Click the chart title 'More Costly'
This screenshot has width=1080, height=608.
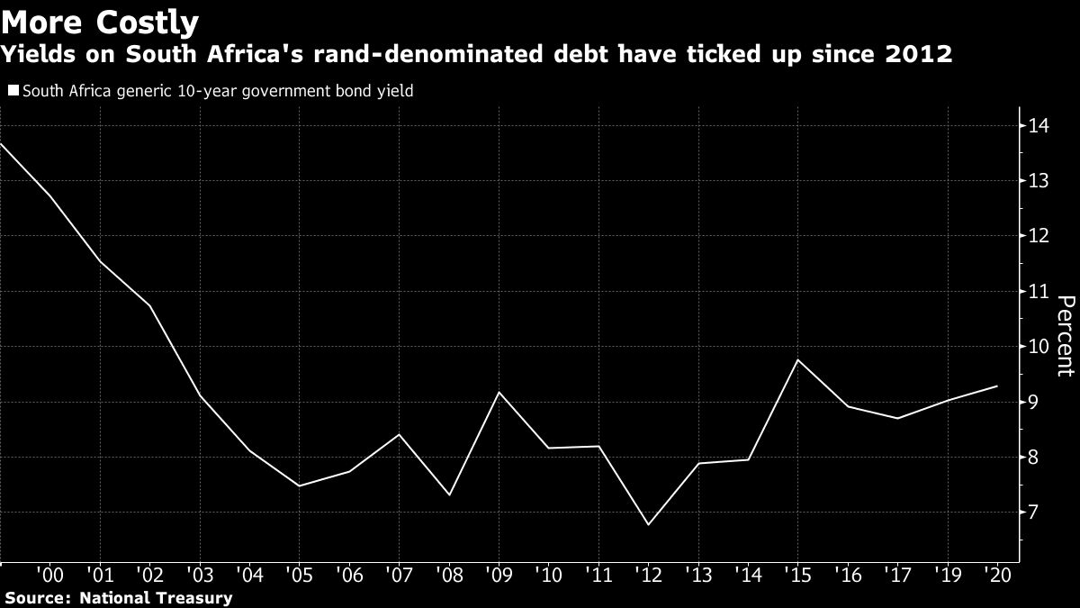click(101, 21)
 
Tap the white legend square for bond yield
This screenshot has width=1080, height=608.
click(13, 91)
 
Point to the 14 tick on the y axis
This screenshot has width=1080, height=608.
click(1039, 125)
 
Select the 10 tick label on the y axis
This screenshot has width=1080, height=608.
click(1039, 347)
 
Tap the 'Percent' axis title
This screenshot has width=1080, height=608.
click(1065, 348)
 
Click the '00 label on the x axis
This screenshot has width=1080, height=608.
click(50, 573)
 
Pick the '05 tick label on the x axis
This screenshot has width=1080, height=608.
click(299, 573)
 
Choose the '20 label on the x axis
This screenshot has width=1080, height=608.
click(995, 573)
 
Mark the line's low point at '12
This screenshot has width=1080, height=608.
click(648, 524)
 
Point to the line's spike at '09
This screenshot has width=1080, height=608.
click(499, 392)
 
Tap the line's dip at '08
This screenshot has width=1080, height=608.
click(448, 495)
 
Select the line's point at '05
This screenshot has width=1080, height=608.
click(299, 486)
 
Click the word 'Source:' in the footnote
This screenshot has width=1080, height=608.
click(39, 597)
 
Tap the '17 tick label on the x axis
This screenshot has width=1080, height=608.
click(895, 573)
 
